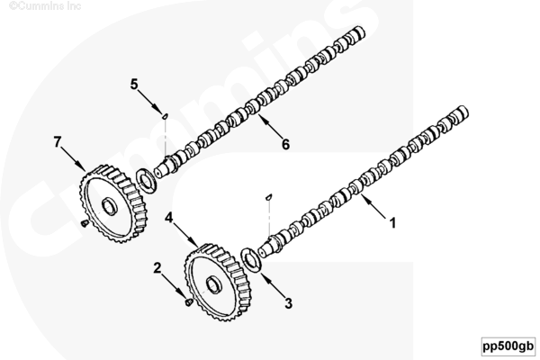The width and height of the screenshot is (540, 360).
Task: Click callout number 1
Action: click(392, 218)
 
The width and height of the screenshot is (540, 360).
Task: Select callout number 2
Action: click(157, 267)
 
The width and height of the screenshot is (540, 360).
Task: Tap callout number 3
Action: click(289, 303)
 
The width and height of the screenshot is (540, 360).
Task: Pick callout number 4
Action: click(168, 217)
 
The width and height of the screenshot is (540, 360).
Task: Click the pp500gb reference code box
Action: click(507, 345)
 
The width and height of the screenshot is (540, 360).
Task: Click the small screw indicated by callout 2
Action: click(186, 303)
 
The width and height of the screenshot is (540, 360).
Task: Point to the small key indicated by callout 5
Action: click(165, 116)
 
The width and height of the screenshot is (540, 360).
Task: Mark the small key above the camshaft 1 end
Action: click(269, 194)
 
